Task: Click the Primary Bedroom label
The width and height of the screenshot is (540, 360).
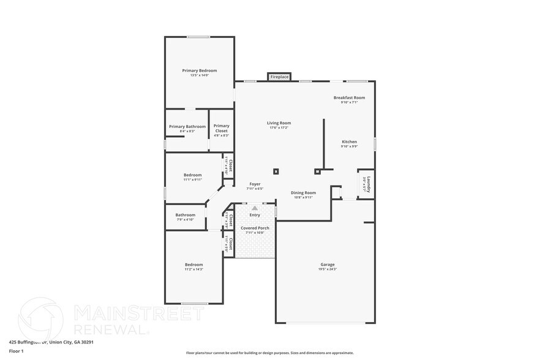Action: click(x=199, y=70)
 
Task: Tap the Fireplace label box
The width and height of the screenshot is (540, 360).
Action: click(x=279, y=77)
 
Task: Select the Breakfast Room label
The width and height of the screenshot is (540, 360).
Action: click(x=349, y=97)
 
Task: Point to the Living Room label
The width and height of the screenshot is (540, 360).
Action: click(x=279, y=122)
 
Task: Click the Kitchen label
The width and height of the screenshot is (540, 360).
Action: click(x=349, y=141)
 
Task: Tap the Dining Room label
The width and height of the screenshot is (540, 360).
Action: click(x=303, y=193)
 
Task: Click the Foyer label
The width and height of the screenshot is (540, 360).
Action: click(x=255, y=184)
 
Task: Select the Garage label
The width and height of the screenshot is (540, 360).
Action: click(x=327, y=264)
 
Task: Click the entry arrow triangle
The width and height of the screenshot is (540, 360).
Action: click(x=255, y=208)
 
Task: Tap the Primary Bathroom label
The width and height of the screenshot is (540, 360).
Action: click(x=187, y=127)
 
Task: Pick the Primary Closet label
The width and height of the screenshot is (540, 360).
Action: click(x=221, y=128)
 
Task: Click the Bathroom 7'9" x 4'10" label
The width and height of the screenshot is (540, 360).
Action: click(x=185, y=215)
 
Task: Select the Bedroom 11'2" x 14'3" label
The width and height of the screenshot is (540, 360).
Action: click(x=193, y=264)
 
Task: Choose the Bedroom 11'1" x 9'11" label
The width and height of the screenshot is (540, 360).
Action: click(x=193, y=174)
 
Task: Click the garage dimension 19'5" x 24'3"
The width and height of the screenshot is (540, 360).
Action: click(x=327, y=269)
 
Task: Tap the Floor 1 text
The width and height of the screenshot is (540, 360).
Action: click(x=16, y=351)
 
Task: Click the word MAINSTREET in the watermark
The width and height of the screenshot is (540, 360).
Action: click(x=138, y=313)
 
